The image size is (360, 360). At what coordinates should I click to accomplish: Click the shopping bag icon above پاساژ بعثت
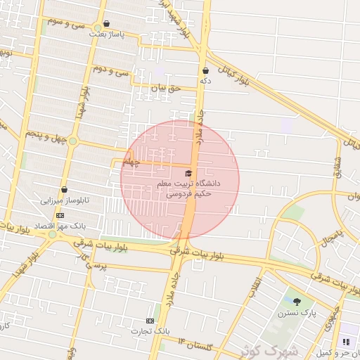106,23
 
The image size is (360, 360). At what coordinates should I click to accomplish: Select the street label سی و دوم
112,70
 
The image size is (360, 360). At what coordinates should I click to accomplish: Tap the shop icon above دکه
205,70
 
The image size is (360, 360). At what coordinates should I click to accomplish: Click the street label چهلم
131,162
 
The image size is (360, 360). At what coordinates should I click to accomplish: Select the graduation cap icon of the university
188,173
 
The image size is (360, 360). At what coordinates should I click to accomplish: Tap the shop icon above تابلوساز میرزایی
64,190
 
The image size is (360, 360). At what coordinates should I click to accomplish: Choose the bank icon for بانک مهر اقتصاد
60,215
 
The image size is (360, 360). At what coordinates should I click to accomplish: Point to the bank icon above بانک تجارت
149,319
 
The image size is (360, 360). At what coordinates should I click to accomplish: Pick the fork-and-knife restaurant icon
345,342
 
